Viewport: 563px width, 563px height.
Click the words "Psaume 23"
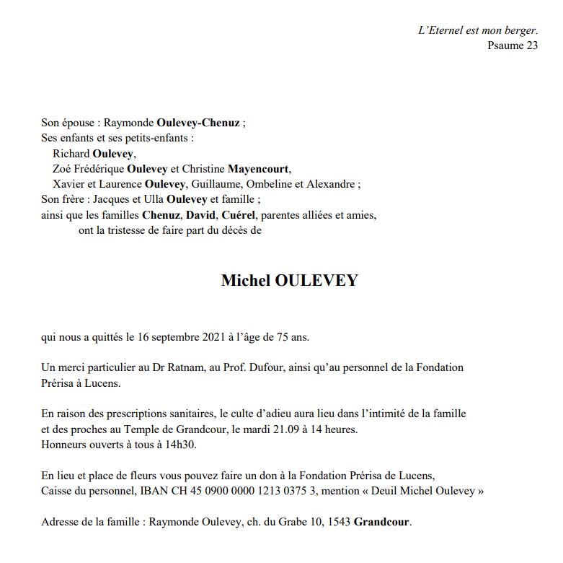pyautogui.click(x=513, y=45)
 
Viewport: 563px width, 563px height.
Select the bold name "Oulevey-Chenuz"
pyautogui.click(x=198, y=123)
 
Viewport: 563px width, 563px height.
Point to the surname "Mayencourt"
pyautogui.click(x=258, y=169)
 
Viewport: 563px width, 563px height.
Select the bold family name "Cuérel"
pyautogui.click(x=239, y=215)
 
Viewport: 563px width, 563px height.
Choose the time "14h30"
pyautogui.click(x=181, y=444)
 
